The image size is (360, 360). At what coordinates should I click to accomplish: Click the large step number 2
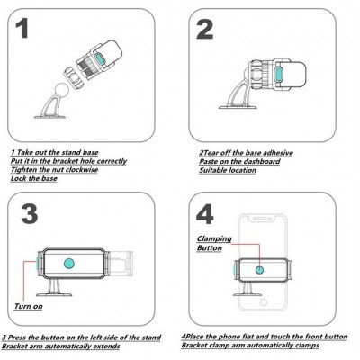pos(205,29)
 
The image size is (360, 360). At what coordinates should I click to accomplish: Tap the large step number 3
pos(30,213)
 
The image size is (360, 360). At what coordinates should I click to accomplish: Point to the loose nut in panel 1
pos(73,77)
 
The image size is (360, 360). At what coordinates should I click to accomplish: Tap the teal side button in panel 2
pos(279,75)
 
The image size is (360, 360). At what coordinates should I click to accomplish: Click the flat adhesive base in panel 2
pos(238,106)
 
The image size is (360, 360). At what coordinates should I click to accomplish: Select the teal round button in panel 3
pos(69,264)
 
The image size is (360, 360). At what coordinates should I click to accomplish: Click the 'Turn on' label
pos(29,306)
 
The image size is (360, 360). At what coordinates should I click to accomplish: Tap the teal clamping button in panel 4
pos(259,270)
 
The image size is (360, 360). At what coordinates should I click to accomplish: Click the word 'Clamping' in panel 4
pos(214,239)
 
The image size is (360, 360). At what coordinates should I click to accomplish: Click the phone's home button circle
pos(264,302)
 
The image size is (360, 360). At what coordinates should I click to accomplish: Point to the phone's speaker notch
pos(262,218)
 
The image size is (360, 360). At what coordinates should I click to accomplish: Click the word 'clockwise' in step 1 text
pos(82,170)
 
